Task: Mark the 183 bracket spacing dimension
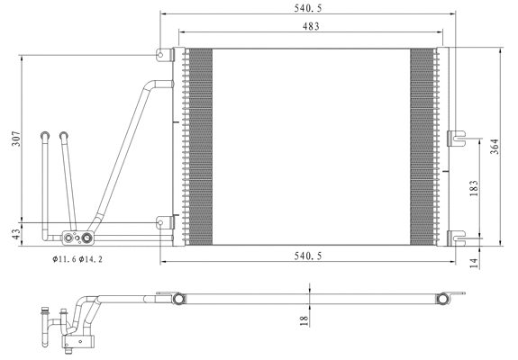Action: [473, 187]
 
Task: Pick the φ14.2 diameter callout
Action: [90, 260]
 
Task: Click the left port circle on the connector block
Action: [67, 238]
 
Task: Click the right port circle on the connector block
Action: [87, 238]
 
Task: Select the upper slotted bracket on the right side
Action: [457, 137]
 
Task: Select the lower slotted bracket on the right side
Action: [457, 238]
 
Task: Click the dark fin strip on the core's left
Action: [200, 144]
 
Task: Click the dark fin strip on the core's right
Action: [422, 144]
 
